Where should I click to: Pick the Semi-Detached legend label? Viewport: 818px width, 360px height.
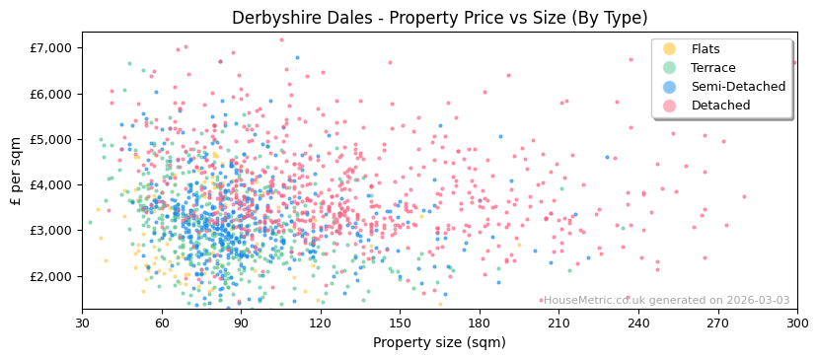(x=738, y=87)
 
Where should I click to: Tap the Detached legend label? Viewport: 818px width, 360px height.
(x=721, y=106)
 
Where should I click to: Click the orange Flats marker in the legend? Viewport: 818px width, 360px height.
(x=670, y=49)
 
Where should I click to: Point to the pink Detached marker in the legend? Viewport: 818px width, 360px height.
(x=670, y=106)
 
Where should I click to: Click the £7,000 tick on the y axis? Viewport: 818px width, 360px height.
(x=51, y=48)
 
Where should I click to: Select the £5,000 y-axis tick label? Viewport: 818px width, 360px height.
(x=51, y=139)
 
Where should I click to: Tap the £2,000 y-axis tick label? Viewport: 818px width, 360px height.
(x=51, y=276)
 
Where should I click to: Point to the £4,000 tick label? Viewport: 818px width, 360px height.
(x=51, y=184)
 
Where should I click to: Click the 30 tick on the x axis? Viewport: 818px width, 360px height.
(x=82, y=323)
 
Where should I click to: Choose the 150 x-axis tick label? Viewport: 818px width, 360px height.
(x=400, y=323)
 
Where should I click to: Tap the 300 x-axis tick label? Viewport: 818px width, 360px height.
(x=796, y=323)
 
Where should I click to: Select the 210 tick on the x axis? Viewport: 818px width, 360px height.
(x=558, y=323)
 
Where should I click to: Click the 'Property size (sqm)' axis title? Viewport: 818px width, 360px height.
(x=439, y=343)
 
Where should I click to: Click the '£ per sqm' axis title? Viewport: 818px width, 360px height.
(x=16, y=172)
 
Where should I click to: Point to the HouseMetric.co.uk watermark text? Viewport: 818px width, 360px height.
(x=666, y=301)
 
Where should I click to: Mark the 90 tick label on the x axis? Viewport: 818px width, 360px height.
(x=241, y=323)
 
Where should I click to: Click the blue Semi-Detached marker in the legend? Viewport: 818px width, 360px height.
(x=670, y=87)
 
